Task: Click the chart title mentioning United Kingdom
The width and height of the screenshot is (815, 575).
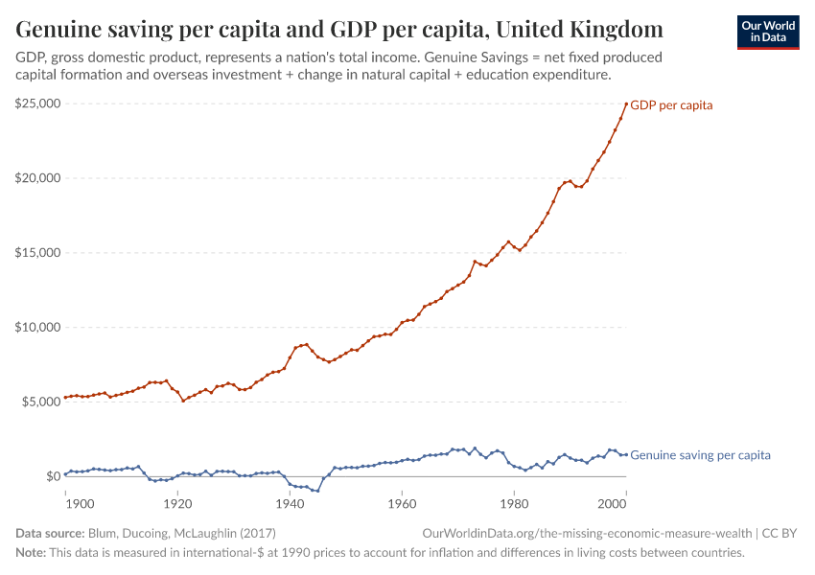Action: tap(338, 28)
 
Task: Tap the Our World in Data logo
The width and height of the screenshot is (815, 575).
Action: tap(767, 32)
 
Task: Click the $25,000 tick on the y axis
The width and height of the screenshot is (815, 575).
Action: tap(37, 103)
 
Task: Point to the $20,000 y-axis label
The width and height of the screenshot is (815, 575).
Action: tap(37, 178)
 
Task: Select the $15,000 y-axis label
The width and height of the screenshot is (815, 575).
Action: tap(37, 253)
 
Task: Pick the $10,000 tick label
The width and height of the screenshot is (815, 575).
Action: tap(37, 328)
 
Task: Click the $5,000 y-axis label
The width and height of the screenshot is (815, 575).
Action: tap(40, 402)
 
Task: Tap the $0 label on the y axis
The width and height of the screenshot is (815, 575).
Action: tap(53, 476)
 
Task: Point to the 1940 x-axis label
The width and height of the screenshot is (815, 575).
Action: tap(290, 501)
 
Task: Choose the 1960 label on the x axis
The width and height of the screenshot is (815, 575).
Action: tap(402, 501)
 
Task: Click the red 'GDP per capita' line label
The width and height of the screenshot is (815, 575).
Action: tap(671, 105)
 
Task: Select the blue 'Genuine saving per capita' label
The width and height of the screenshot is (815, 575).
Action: tap(700, 455)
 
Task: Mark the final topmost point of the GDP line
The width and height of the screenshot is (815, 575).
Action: tap(626, 103)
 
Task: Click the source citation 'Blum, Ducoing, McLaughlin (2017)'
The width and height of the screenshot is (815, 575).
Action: tap(181, 533)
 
